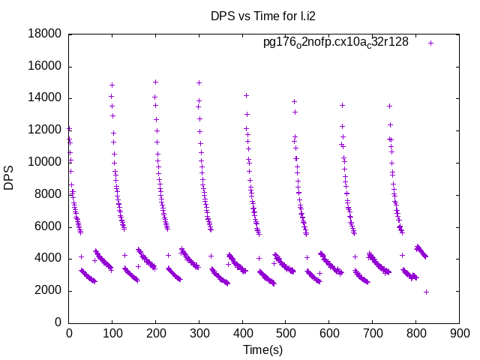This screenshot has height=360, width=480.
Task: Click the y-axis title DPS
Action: click(9, 178)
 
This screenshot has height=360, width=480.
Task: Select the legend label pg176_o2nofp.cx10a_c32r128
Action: click(335, 42)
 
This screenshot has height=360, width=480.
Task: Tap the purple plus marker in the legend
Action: click(430, 43)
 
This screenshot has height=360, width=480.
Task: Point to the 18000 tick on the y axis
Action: click(46, 34)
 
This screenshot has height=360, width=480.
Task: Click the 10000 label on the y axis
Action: click(46, 162)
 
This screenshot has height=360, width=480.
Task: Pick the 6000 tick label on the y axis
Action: click(49, 226)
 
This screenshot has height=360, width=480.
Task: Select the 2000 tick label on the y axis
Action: click(49, 290)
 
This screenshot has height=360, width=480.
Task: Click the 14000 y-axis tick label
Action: click(46, 98)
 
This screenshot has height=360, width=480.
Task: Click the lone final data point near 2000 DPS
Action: click(426, 292)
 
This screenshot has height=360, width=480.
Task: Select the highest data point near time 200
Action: click(155, 82)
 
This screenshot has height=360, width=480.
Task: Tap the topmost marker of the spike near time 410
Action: click(246, 95)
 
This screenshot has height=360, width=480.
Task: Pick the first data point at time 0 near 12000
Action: click(69, 128)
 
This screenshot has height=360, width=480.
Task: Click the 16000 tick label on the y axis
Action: click(46, 66)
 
